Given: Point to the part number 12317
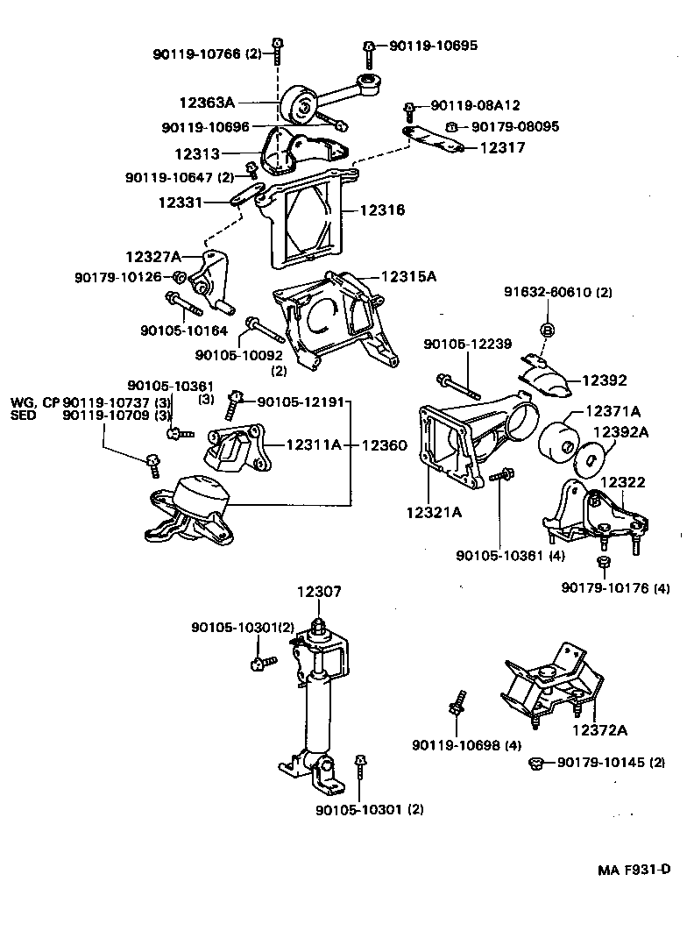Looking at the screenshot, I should [x=503, y=148].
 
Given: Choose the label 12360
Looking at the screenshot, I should [x=383, y=445].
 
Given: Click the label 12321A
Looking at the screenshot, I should [x=433, y=512].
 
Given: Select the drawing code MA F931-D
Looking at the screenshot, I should [x=634, y=870].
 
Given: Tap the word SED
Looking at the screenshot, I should [x=24, y=416].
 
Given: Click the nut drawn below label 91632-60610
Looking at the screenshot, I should [x=545, y=330].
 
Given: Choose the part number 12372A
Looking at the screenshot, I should [x=600, y=729].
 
